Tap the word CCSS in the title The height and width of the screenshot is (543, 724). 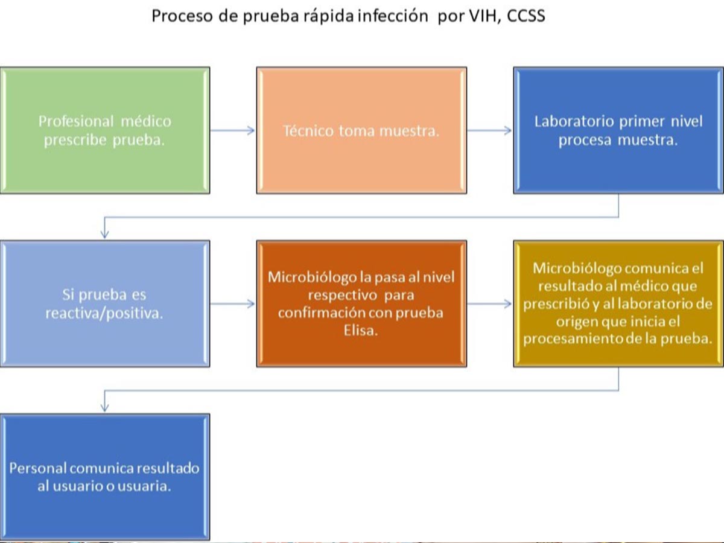pos(526,16)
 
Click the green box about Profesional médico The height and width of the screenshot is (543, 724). pos(105,130)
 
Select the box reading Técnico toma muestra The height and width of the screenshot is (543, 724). pos(361,130)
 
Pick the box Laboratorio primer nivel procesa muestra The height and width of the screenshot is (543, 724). pos(618,130)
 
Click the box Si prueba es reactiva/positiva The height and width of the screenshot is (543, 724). pos(105,303)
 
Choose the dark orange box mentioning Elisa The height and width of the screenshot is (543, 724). pos(361,303)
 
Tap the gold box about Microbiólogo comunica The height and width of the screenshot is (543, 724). pos(618,303)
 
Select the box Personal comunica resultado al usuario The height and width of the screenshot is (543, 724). pos(105,477)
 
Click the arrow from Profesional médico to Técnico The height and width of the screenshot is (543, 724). pos(233,130)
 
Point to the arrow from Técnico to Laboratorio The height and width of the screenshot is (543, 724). pos(489,130)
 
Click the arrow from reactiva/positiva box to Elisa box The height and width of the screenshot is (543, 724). pos(233,303)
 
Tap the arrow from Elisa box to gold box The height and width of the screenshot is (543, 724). pos(489,303)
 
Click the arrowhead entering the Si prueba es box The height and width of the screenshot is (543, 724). pos(104,233)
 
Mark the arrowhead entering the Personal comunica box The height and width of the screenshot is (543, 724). pos(104,407)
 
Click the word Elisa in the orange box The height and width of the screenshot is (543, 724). pos(361,330)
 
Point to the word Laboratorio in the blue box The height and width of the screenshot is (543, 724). pos(574,121)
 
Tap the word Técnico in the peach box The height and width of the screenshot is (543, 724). pos(308,131)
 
